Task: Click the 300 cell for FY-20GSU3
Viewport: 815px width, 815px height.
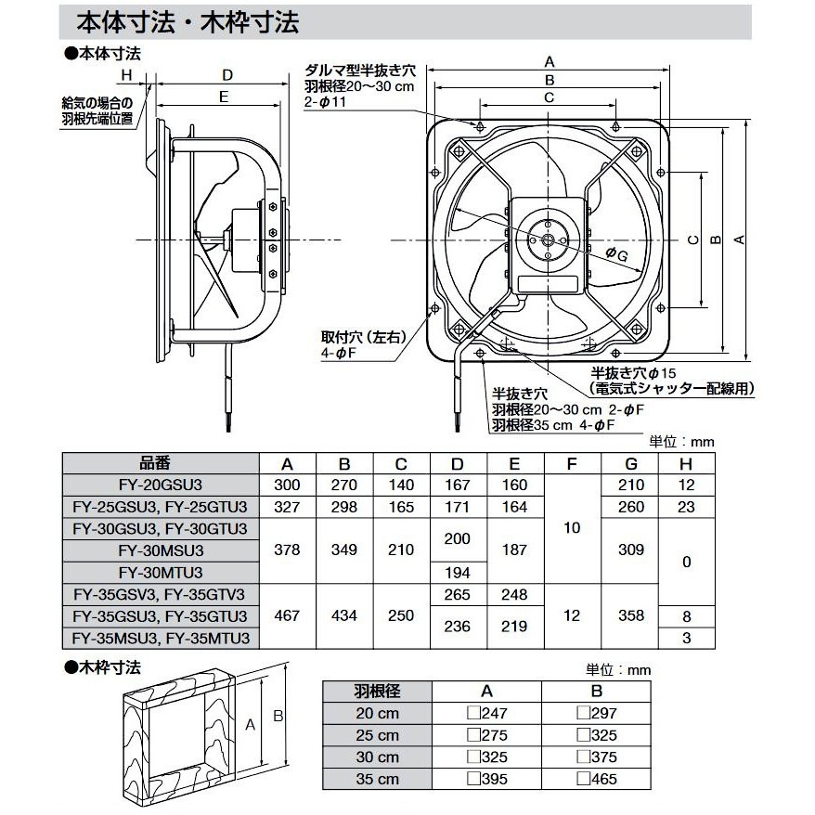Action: (x=287, y=485)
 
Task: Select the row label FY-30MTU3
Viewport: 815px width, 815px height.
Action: (x=159, y=573)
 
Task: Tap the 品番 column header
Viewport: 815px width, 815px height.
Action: (x=159, y=463)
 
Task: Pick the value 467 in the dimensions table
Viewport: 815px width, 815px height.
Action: (x=287, y=616)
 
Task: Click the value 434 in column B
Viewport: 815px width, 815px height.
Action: (x=344, y=616)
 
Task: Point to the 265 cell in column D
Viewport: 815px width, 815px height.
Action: (x=459, y=595)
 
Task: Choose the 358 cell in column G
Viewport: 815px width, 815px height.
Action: (x=629, y=616)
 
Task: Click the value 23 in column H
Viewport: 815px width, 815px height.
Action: (x=687, y=507)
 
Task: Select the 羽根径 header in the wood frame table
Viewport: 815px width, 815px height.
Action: (x=377, y=692)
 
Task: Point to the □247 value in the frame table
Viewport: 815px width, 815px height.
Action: (x=486, y=714)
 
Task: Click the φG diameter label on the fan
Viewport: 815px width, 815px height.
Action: (x=616, y=252)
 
